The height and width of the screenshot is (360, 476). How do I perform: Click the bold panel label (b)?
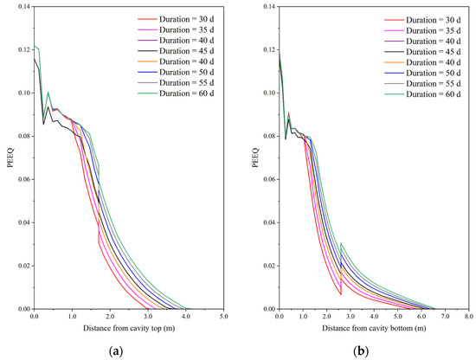pyautogui.click(x=373, y=350)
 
